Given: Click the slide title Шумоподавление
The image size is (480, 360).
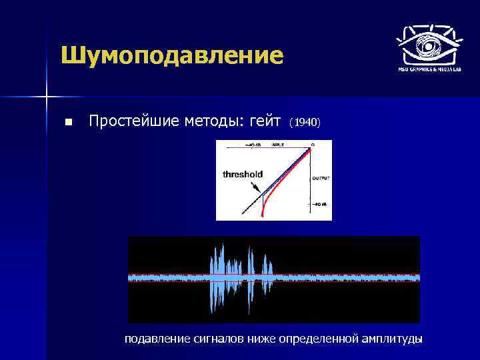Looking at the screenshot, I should pyautogui.click(x=171, y=56).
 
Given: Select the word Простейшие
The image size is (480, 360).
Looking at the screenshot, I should pyautogui.click(x=131, y=121).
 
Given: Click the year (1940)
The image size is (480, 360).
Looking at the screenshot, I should pyautogui.click(x=305, y=123).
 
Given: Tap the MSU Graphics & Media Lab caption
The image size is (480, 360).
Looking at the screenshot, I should pyautogui.click(x=429, y=69).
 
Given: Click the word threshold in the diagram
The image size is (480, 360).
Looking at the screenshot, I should pyautogui.click(x=243, y=174).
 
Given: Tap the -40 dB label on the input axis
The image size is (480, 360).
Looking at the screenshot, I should pyautogui.click(x=255, y=144).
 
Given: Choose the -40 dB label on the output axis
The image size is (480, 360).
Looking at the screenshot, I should pyautogui.click(x=320, y=205).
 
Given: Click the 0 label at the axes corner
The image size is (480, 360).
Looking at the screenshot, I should pyautogui.click(x=313, y=144).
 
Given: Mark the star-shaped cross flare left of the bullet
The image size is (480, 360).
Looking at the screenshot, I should pyautogui.click(x=47, y=97).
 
